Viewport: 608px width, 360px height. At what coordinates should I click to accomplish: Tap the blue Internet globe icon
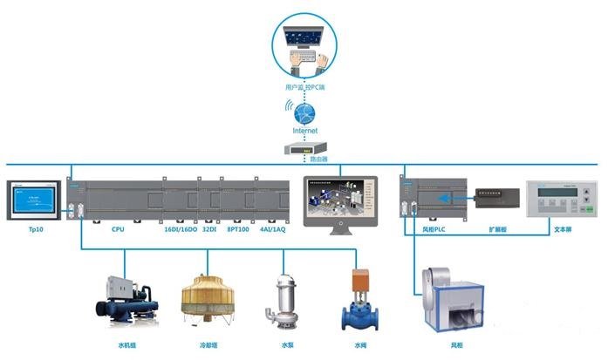[x=304, y=113]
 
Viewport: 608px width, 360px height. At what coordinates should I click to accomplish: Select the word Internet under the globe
[x=304, y=131]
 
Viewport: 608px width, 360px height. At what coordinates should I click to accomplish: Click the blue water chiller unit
[x=127, y=302]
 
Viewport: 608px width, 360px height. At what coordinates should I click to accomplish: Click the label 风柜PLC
[x=434, y=229]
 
